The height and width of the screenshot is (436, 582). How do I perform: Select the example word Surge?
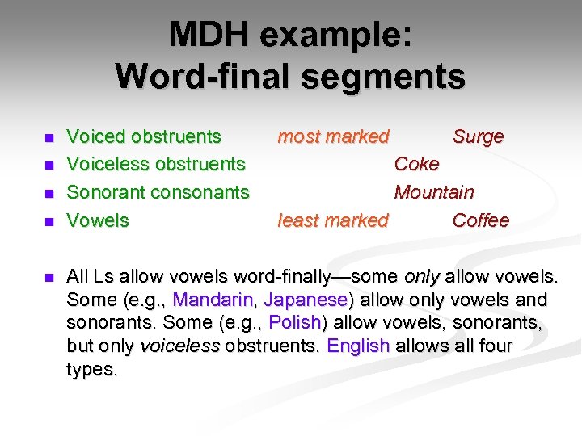click(478, 136)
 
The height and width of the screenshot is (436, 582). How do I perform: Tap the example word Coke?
click(416, 164)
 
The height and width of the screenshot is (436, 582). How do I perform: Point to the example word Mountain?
click(434, 192)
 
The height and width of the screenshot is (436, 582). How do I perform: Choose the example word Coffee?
click(481, 220)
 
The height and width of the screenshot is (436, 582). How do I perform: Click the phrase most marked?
click(333, 136)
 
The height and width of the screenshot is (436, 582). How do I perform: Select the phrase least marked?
click(333, 220)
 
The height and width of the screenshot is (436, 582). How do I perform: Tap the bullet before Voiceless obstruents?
click(48, 166)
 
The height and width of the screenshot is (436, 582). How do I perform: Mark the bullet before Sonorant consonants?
click(48, 194)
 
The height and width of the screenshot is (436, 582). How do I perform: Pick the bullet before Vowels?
click(48, 221)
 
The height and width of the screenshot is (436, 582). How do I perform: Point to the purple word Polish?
click(295, 323)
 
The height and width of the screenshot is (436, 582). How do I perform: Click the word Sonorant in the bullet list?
click(103, 192)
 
